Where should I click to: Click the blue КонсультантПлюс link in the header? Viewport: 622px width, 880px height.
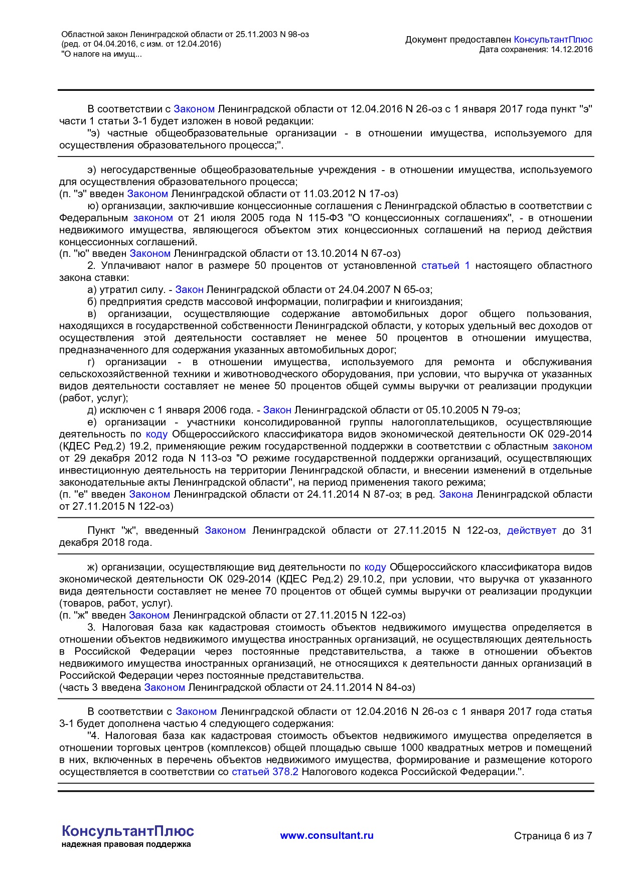(553, 40)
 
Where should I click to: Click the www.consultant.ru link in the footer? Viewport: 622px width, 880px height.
(327, 835)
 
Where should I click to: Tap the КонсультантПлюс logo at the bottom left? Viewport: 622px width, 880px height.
(127, 831)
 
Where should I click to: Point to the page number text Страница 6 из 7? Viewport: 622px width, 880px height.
(553, 836)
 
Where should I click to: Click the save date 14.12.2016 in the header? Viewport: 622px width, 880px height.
(571, 49)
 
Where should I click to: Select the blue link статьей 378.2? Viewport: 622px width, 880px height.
(265, 772)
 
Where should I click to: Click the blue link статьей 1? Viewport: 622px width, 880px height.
(445, 265)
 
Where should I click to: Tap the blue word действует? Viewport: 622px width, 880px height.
(531, 530)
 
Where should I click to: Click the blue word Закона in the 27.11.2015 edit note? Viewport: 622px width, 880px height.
(456, 494)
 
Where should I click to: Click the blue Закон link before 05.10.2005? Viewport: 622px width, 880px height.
(277, 410)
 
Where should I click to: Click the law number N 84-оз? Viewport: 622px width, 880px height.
(393, 687)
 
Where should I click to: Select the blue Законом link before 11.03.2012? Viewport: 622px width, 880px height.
(147, 194)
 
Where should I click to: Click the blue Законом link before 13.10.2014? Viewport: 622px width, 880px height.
(150, 253)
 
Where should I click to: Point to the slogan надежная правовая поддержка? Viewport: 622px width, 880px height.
(126, 844)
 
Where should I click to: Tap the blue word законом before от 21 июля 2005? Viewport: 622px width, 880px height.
(153, 218)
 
